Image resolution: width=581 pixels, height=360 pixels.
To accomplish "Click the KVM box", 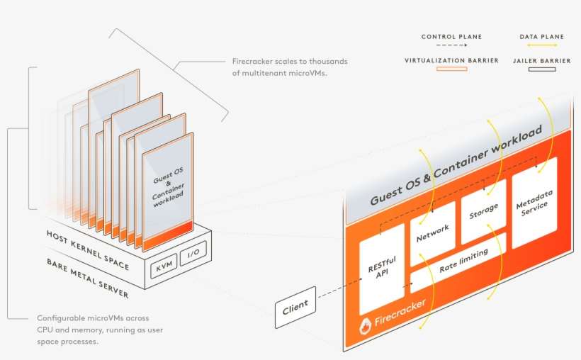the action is pyautogui.click(x=164, y=265).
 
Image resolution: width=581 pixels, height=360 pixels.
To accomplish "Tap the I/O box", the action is pyautogui.click(x=193, y=253).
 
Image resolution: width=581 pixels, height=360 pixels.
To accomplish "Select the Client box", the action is pyautogui.click(x=295, y=307).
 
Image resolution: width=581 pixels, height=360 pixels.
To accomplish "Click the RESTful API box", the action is pyautogui.click(x=382, y=268).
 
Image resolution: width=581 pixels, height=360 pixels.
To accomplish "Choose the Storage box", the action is pyautogui.click(x=483, y=211).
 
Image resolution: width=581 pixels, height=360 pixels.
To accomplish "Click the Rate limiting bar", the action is pyautogui.click(x=458, y=262).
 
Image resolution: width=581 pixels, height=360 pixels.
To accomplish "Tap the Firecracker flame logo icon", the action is pyautogui.click(x=365, y=327).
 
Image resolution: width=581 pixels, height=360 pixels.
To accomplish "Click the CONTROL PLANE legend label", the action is pyautogui.click(x=451, y=37).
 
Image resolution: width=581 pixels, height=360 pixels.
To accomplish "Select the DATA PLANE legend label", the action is pyautogui.click(x=542, y=37).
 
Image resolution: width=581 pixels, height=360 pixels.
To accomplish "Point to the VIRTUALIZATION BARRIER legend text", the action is pyautogui.click(x=451, y=60).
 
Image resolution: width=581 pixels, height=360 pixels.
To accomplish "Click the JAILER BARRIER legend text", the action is pyautogui.click(x=542, y=60).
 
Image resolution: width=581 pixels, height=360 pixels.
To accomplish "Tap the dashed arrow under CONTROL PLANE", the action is pyautogui.click(x=451, y=45).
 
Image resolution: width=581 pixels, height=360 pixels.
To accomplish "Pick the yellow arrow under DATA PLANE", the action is pyautogui.click(x=542, y=45).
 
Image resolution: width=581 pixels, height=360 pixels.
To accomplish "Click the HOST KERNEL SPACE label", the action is pyautogui.click(x=88, y=250).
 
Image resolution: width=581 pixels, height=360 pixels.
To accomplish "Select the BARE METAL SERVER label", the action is pyautogui.click(x=88, y=278).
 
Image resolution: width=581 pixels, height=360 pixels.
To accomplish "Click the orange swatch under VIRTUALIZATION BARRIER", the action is pyautogui.click(x=451, y=69).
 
